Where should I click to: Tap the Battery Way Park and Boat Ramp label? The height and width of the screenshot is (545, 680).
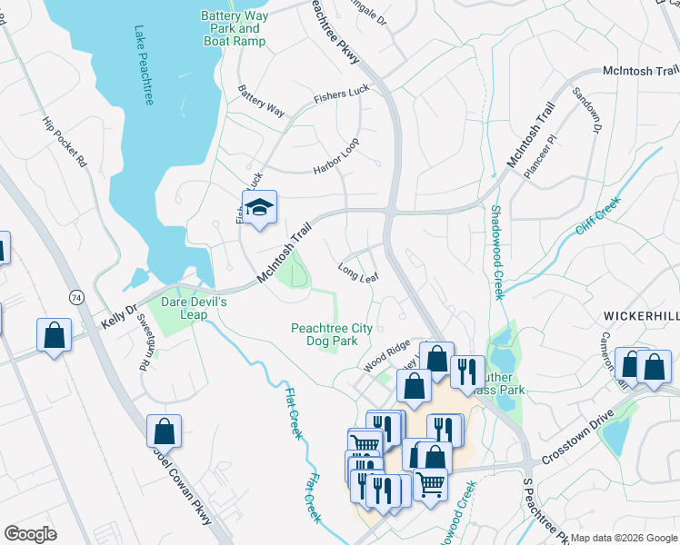coord(234,29)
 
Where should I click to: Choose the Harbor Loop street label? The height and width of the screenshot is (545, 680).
coord(336,157)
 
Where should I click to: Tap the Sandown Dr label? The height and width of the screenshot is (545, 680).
coord(587,111)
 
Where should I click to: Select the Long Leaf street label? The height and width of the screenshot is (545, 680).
coord(357,271)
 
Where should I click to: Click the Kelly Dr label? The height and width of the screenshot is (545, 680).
coord(117,316)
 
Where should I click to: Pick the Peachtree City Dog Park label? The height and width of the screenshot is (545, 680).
coord(331,333)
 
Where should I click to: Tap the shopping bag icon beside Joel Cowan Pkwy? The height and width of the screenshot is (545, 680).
coord(164,431)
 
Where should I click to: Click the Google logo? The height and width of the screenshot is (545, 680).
coord(30,534)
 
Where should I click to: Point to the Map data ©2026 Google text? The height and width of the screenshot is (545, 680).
coord(624,538)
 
